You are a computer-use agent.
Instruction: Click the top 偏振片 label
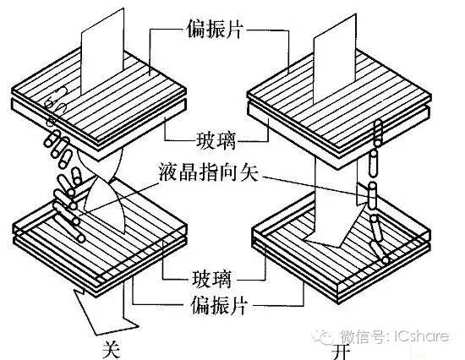tap(215, 29)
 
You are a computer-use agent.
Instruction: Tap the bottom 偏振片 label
tap(219, 305)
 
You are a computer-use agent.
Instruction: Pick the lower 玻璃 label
tap(211, 278)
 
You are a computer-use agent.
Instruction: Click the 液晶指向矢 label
tap(209, 172)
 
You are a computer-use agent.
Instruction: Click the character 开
tap(341, 352)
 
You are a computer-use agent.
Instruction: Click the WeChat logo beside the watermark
tap(323, 336)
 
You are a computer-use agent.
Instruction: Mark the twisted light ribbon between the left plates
tap(102, 190)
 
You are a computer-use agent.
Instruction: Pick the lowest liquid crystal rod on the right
tap(380, 252)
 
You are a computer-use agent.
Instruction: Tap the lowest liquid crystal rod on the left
tap(70, 227)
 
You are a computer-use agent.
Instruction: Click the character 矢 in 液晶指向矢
tap(249, 172)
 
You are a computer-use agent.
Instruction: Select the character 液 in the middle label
tap(168, 172)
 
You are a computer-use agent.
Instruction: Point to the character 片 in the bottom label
tap(238, 305)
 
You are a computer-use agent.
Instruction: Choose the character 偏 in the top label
tap(196, 29)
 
